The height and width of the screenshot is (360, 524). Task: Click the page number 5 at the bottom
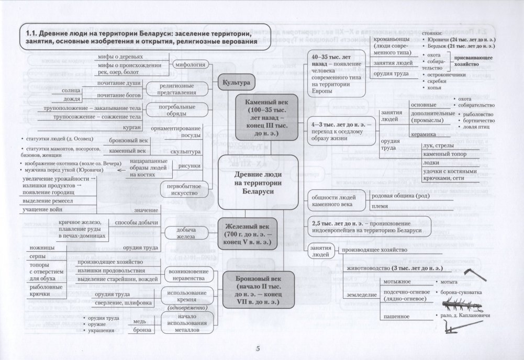pyautogui.click(x=258, y=350)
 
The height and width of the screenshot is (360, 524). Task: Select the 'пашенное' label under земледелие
pyautogui.click(x=396, y=317)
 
